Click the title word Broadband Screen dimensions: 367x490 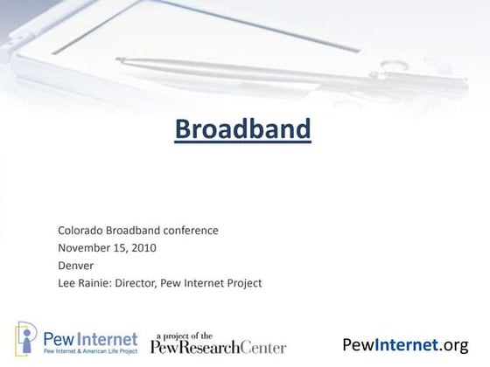(242, 129)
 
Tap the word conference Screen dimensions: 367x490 (187, 231)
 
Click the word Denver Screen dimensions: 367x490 (75, 266)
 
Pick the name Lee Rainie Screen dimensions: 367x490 (84, 283)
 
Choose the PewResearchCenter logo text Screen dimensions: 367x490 (218, 347)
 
